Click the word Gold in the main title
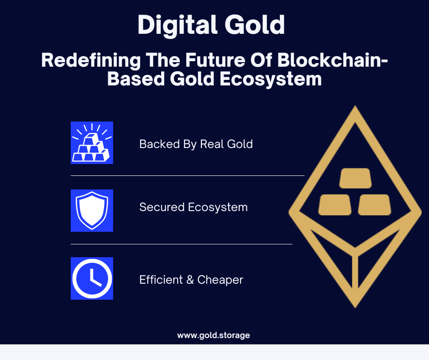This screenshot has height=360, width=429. pos(255,25)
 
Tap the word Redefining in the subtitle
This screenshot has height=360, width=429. pos(91,61)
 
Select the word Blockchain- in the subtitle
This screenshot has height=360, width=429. pos(333,60)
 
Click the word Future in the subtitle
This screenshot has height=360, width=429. pos(215,60)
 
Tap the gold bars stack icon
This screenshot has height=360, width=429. pos(92,143)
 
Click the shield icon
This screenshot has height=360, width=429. pos(92,211)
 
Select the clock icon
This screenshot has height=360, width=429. pos(92,278)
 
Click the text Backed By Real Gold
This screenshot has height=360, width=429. pos(196,144)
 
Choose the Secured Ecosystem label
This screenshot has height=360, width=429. pos(194,207)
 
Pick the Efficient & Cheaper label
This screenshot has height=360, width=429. pos(191,280)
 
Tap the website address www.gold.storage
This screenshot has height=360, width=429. pos(214,335)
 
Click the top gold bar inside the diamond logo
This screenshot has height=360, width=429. pos(356,178)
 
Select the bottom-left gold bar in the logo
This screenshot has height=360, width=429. pos(335,205)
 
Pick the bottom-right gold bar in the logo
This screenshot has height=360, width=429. pos(375,205)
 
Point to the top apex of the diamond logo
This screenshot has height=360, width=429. pos(355,106)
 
